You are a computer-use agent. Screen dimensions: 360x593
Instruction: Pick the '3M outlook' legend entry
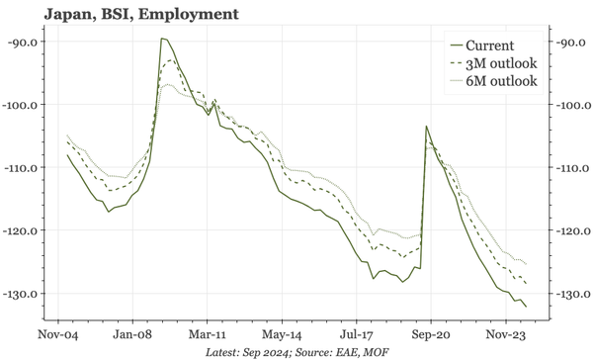click(500, 63)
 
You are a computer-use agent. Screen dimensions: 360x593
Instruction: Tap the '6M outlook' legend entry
click(500, 80)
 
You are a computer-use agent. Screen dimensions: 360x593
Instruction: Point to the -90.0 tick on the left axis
click(23, 42)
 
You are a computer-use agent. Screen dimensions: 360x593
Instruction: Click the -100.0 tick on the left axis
click(21, 105)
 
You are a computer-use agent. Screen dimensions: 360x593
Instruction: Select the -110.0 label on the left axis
click(21, 168)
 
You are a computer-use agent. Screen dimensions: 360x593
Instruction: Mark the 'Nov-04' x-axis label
click(58, 321)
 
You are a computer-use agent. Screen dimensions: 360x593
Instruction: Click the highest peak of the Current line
click(162, 39)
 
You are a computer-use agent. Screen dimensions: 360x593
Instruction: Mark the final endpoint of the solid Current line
click(526, 307)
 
